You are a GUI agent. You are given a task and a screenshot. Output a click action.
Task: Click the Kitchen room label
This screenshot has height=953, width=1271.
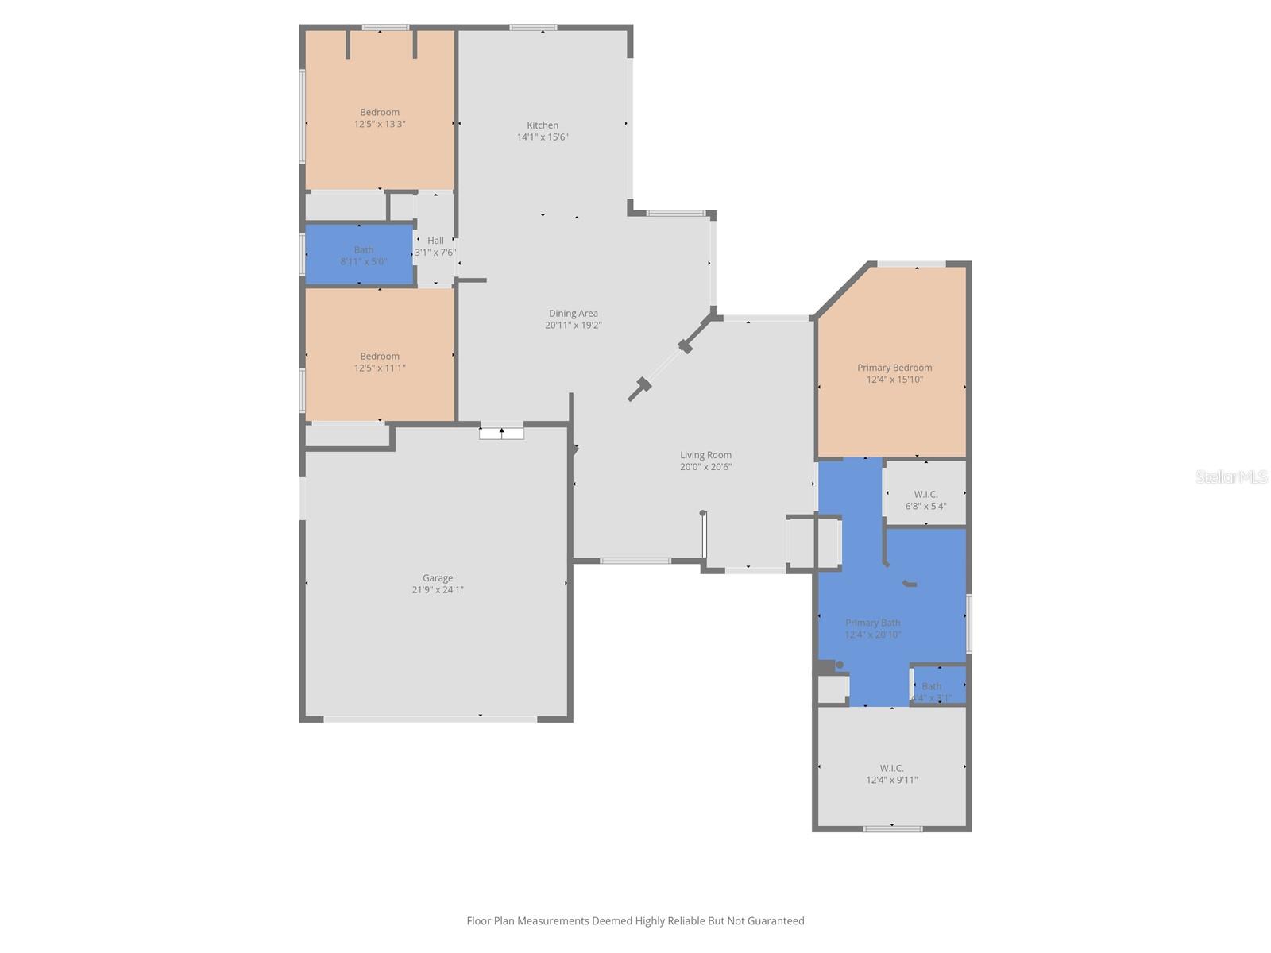point(543,125)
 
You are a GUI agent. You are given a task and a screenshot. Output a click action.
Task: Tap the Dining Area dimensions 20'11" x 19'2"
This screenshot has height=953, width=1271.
point(573,325)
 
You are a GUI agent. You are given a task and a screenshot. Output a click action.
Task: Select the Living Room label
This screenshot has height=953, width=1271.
point(705,455)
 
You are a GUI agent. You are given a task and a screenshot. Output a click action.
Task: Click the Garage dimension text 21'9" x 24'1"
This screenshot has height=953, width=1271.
point(438,590)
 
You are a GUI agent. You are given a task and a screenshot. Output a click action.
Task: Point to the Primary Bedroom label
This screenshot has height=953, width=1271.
point(894,368)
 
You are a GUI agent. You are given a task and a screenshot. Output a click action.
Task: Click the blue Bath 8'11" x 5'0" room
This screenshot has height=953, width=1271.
point(360,255)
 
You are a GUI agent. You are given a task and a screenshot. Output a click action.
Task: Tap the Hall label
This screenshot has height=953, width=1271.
point(435,241)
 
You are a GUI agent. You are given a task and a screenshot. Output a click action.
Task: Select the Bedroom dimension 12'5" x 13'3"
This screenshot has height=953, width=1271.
point(380,125)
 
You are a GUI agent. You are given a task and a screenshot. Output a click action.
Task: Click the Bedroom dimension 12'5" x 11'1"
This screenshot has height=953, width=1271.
point(380,368)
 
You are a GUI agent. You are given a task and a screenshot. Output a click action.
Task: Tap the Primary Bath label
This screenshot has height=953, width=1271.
point(872,623)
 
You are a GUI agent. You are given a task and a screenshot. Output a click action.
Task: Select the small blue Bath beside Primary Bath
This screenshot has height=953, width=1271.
point(938,685)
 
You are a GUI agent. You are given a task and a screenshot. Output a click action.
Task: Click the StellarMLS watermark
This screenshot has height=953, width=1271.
point(1230,476)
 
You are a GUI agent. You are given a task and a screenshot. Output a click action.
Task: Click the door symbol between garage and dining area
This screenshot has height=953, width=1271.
point(501,433)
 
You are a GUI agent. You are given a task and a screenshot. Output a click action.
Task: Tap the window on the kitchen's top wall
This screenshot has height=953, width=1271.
point(533,28)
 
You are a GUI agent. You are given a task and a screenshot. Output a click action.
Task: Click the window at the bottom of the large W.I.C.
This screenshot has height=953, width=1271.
point(893,829)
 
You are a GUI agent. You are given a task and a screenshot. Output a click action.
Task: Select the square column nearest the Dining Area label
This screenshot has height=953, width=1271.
point(686,346)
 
